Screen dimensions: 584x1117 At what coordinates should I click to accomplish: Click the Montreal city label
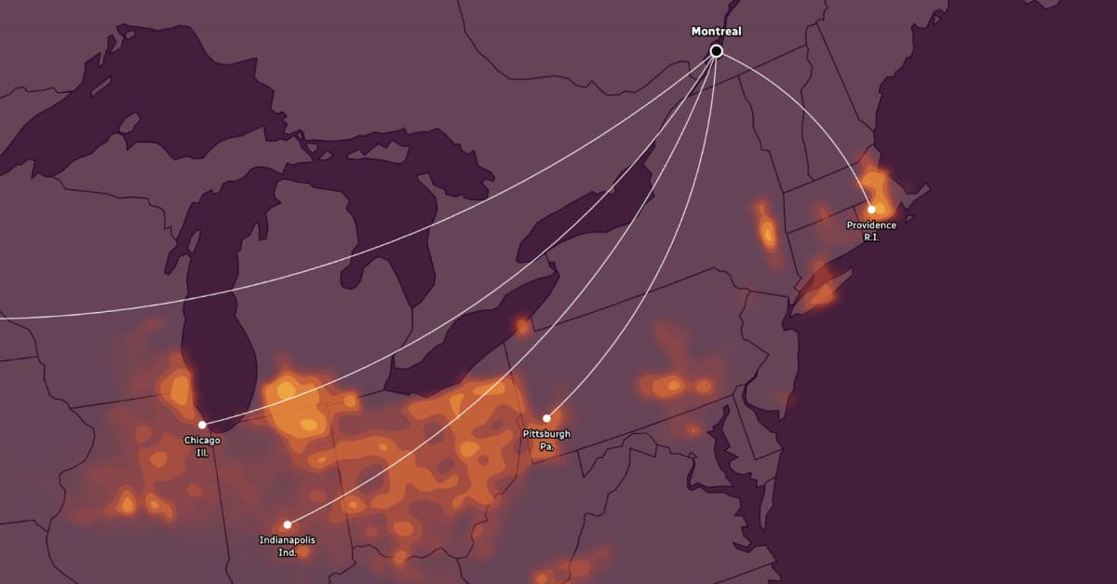coord(716,32)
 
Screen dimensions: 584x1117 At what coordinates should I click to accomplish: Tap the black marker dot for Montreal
coord(716,51)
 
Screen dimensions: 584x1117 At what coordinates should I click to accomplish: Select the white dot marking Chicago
coord(202,425)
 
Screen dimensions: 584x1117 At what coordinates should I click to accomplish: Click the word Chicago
coord(202,440)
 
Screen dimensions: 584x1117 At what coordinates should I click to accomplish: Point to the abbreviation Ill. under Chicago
coord(202,453)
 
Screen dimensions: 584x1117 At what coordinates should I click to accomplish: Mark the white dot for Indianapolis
coord(287,524)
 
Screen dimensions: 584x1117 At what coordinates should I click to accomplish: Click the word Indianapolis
coord(287,540)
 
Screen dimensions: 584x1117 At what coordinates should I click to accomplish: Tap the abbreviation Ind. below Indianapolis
coord(287,553)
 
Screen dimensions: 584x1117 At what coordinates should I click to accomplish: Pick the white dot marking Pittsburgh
coord(546,418)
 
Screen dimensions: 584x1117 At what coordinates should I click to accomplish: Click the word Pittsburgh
coord(546,434)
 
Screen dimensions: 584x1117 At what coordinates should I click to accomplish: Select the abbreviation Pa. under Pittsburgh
coord(546,447)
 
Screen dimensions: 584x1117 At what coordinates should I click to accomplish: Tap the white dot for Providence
coord(871,210)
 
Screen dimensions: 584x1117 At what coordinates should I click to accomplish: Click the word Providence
coord(871,225)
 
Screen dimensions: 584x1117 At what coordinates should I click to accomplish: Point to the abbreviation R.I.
coord(871,238)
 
